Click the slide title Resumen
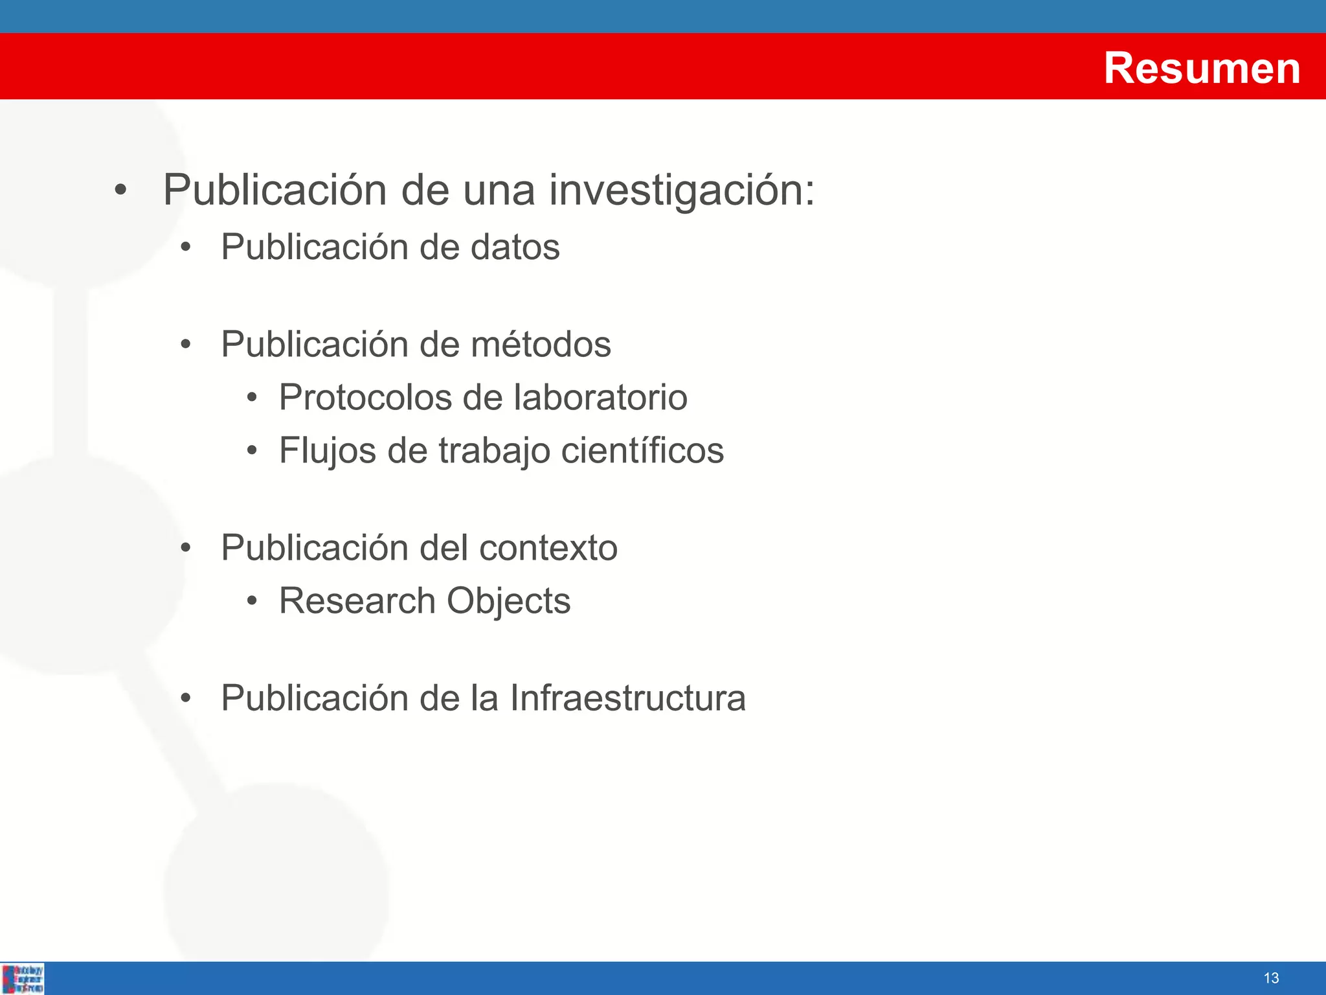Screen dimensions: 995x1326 tap(1202, 68)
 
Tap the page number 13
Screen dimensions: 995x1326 tap(1271, 978)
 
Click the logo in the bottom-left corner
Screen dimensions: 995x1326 tap(23, 978)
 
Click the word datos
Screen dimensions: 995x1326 tap(515, 247)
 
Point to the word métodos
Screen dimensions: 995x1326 tap(541, 344)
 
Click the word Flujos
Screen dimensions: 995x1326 tap(327, 451)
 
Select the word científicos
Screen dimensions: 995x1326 tap(642, 451)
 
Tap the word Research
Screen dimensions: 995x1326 tap(357, 601)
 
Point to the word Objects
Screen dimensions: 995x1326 tap(508, 601)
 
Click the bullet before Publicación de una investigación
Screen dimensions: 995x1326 tap(120, 191)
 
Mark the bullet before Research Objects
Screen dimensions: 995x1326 tap(252, 602)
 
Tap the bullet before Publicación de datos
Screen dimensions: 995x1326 tap(186, 248)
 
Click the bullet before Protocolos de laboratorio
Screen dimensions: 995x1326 tap(252, 398)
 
